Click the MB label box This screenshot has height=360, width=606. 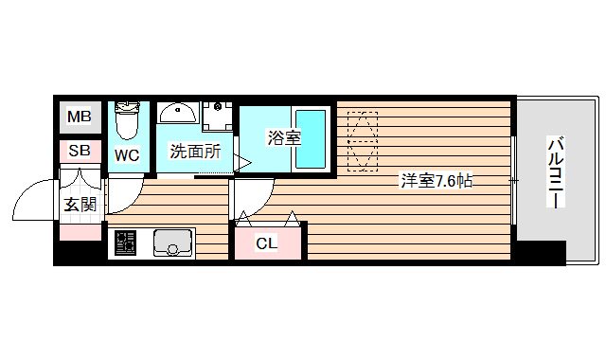[x=79, y=117]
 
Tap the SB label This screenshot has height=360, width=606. [x=79, y=150]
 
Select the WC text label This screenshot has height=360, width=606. [x=127, y=155]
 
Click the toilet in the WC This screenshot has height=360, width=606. [x=127, y=120]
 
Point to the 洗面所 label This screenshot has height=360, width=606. [x=195, y=151]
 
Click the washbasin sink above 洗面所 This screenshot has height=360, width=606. [x=177, y=115]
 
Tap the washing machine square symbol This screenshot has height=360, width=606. [x=218, y=116]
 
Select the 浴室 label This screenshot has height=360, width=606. [x=283, y=138]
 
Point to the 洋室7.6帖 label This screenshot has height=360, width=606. [x=435, y=181]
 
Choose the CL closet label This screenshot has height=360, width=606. [x=268, y=243]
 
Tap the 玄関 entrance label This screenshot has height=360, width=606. [x=80, y=203]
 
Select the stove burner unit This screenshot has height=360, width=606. [x=124, y=244]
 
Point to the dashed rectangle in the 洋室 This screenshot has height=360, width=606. [x=362, y=142]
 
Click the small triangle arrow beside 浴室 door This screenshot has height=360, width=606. [x=241, y=163]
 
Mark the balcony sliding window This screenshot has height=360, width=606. [x=514, y=180]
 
